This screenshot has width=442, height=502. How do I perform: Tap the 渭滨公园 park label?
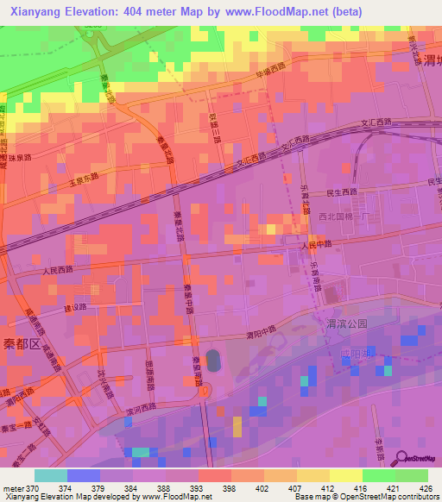click(x=347, y=323)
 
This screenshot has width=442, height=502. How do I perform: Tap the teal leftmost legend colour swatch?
click(x=50, y=475)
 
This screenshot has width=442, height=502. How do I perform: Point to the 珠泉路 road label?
click(x=17, y=159)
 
